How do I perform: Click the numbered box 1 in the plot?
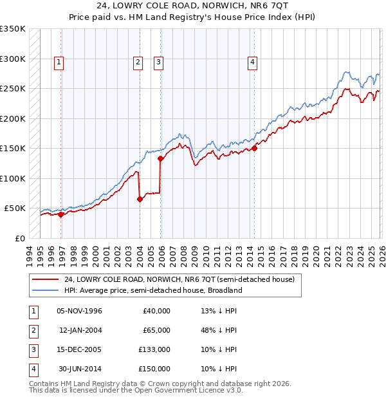point(59,62)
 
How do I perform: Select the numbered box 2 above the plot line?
point(138,62)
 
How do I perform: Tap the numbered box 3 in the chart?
point(158,62)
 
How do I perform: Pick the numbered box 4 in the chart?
point(252,62)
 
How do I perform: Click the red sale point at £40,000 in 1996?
point(61,215)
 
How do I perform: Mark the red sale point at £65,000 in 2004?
point(140,199)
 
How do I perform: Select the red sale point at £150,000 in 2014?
point(255,149)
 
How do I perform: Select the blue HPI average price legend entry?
point(152,290)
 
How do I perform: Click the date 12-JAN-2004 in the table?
point(80,330)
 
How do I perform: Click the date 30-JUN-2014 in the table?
point(80,369)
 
